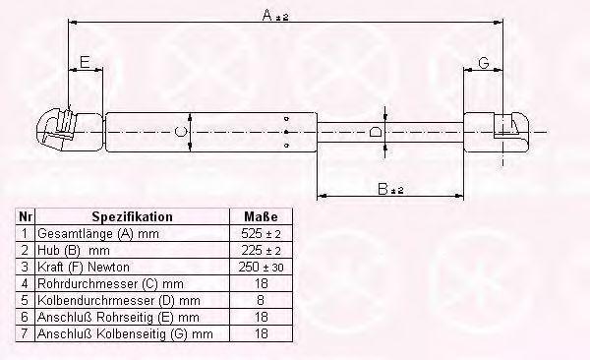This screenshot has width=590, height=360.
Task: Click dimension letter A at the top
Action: (x=267, y=16)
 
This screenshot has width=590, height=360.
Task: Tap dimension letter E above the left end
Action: (x=85, y=62)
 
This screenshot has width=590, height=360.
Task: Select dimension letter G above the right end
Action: (x=484, y=63)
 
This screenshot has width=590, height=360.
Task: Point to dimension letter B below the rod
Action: (x=383, y=189)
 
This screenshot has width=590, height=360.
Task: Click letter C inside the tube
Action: (x=181, y=132)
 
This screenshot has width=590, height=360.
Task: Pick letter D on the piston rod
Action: (x=376, y=132)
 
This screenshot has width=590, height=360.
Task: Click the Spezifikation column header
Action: (x=132, y=217)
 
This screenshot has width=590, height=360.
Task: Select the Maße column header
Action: (x=261, y=217)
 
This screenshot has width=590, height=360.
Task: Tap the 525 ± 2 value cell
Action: (x=261, y=233)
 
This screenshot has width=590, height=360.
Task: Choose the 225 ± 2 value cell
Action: (x=261, y=250)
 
